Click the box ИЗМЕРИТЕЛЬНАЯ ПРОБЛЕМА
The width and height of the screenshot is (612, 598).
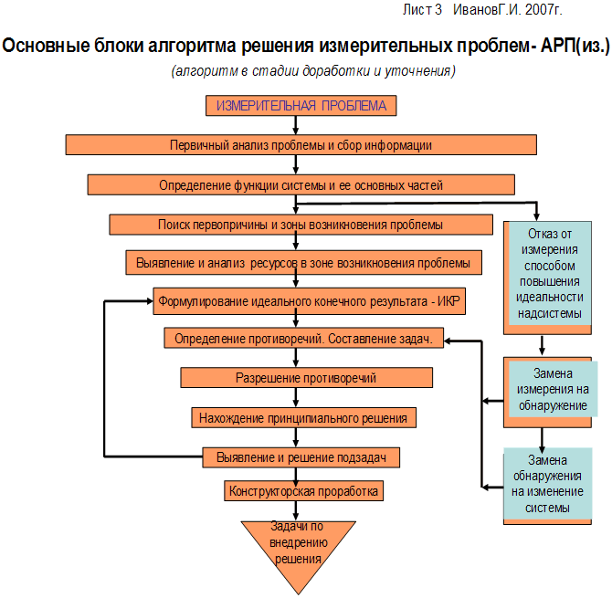301,106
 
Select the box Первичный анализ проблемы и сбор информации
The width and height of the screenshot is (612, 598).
301,145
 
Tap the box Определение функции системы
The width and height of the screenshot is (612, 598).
301,185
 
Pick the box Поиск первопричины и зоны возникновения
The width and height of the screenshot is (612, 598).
301,225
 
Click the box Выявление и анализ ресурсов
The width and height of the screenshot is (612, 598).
303,263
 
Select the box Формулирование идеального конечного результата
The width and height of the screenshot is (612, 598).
309,301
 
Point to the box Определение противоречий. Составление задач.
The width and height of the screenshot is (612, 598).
303,338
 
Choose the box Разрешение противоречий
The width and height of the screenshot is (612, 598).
306,378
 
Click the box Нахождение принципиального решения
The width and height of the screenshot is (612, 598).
303,418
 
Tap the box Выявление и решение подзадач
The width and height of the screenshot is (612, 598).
301,457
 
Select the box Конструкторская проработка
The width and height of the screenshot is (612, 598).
303,491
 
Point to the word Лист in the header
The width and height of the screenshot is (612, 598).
416,10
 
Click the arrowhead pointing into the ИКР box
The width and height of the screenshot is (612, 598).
150,301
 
